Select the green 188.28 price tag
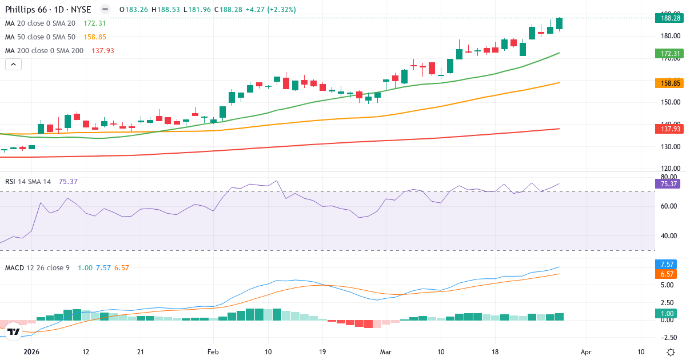pos(670,18)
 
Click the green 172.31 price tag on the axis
pos(670,54)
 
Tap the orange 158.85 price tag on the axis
pos(670,83)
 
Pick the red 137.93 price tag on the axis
pos(670,129)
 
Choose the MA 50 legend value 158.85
pos(94,37)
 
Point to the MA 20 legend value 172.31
pos(94,23)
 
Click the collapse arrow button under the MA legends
pos(13,65)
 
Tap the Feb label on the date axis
pos(213,352)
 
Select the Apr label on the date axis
pos(585,352)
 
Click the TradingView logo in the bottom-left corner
pos(14,331)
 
